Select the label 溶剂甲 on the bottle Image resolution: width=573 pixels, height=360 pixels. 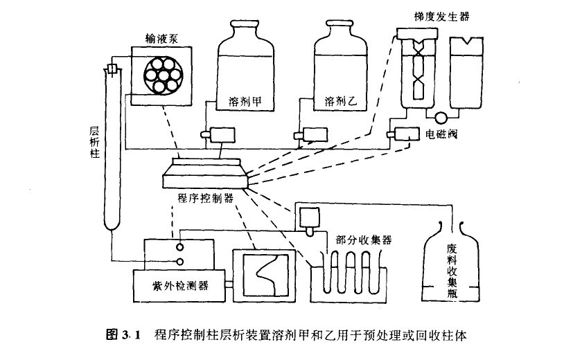tap(243, 103)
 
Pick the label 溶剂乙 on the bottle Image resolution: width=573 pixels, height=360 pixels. tap(340, 103)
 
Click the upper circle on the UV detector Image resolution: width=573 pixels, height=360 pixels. tap(179, 246)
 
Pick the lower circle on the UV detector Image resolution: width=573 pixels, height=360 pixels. tap(179, 261)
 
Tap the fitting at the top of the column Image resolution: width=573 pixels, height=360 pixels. tap(112, 69)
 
